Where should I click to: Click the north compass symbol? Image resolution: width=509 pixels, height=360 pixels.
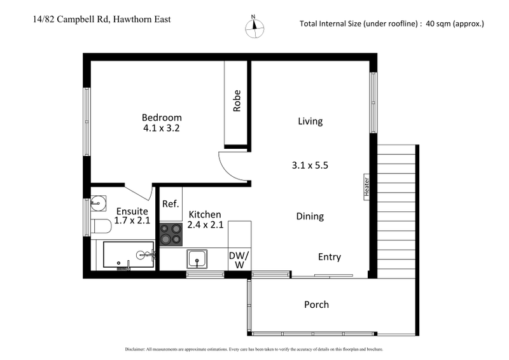[x=254, y=25]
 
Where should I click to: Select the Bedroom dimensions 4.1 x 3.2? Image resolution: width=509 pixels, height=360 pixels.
[x=162, y=128]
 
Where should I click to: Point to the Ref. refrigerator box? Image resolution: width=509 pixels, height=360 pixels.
[x=170, y=204]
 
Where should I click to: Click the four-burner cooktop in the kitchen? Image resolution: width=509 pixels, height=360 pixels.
[x=171, y=233]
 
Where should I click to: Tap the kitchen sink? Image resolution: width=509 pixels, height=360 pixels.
[x=197, y=259]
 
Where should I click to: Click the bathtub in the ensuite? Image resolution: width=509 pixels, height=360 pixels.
[x=129, y=255]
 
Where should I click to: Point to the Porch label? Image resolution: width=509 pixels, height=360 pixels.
[x=316, y=305]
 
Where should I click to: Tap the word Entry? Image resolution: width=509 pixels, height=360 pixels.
[x=330, y=257]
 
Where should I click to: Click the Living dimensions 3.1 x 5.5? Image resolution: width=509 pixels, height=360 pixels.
[x=310, y=165]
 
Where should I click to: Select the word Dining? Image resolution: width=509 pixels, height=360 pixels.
[x=310, y=216]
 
